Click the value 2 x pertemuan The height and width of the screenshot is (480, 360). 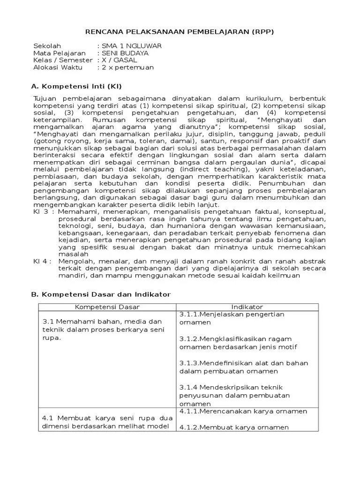tap(125, 67)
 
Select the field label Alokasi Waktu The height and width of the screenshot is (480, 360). tap(58, 67)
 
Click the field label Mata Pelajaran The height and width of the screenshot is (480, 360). tap(59, 53)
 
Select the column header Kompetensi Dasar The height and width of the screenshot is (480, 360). tap(107, 307)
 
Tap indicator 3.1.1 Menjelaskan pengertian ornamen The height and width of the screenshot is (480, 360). tap(232, 318)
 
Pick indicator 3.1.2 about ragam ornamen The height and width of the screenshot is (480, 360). tap(238, 343)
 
